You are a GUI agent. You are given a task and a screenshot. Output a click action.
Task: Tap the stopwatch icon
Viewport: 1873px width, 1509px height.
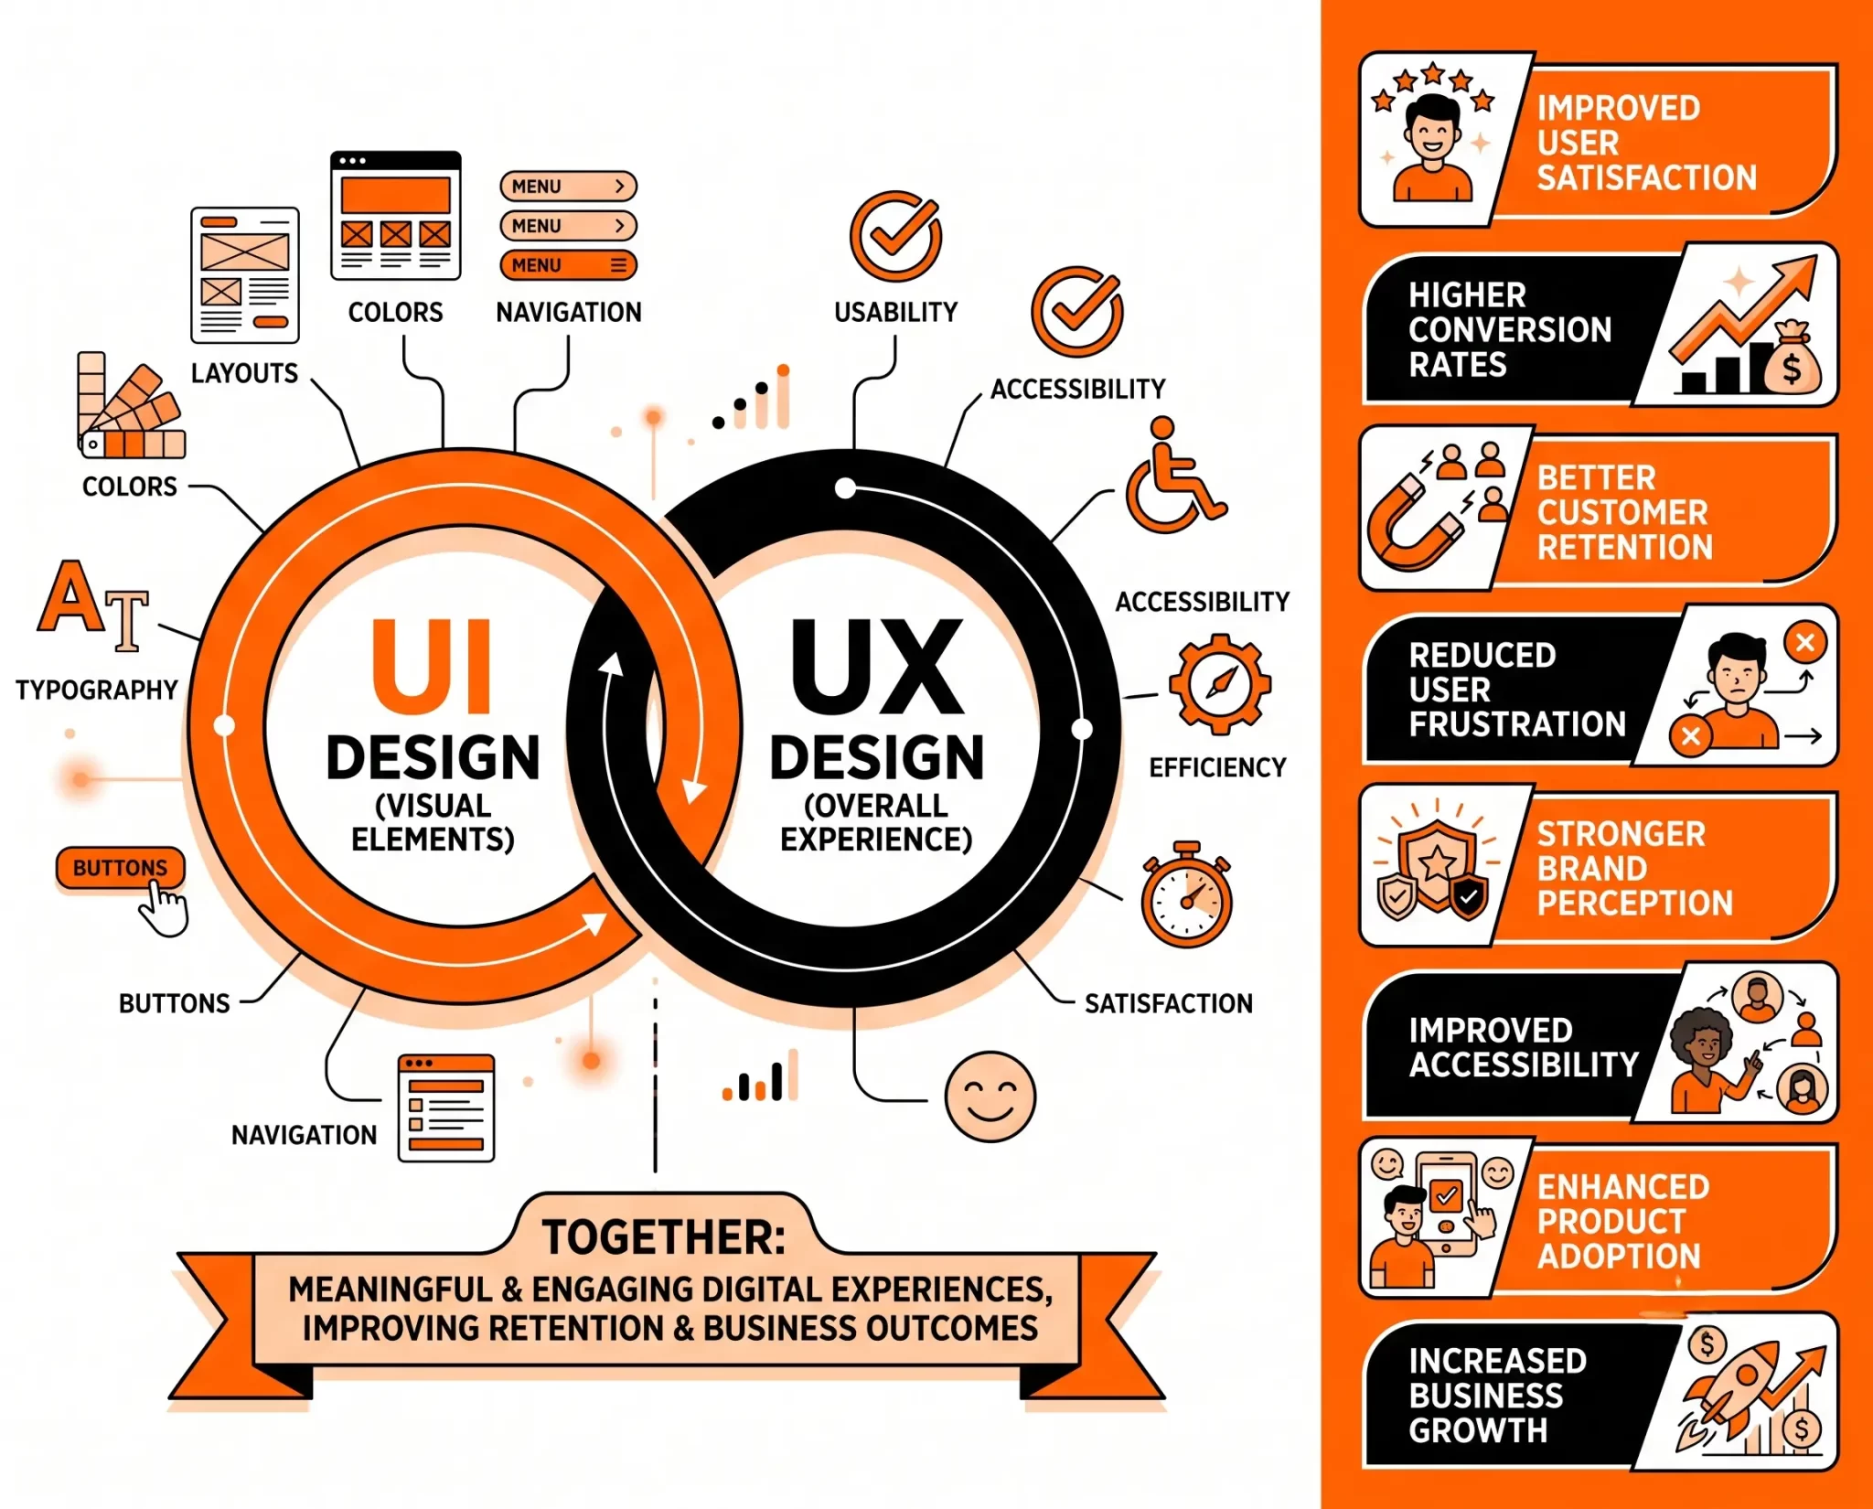[1186, 895]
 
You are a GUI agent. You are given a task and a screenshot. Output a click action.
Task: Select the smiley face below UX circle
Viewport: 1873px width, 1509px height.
[990, 1097]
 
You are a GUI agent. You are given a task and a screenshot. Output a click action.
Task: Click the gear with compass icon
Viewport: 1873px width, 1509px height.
[1220, 684]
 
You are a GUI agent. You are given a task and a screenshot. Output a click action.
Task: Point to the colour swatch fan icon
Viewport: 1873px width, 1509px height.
[131, 405]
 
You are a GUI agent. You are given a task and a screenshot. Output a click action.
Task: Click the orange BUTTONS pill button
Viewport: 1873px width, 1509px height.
[120, 868]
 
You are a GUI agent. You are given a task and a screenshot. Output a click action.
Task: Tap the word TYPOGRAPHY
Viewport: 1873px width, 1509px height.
[97, 690]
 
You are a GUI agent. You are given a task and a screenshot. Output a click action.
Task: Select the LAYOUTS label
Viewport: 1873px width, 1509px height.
[244, 373]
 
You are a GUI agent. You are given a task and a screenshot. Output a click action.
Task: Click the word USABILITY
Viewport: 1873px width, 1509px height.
[895, 313]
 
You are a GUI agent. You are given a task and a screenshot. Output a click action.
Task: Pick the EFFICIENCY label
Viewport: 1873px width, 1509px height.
[1217, 767]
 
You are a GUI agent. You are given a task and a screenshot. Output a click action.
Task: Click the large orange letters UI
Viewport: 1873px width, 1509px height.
[432, 665]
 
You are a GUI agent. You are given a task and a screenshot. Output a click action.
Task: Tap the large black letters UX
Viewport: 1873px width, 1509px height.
[877, 665]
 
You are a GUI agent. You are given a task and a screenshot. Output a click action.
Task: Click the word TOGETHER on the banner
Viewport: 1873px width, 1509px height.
[664, 1237]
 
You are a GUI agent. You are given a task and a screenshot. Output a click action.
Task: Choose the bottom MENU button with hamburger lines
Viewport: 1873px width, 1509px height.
[568, 265]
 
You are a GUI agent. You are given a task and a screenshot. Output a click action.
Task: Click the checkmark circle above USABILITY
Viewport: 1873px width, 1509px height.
[895, 236]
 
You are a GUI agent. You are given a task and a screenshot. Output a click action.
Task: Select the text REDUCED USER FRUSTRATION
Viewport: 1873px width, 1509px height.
[1517, 690]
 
